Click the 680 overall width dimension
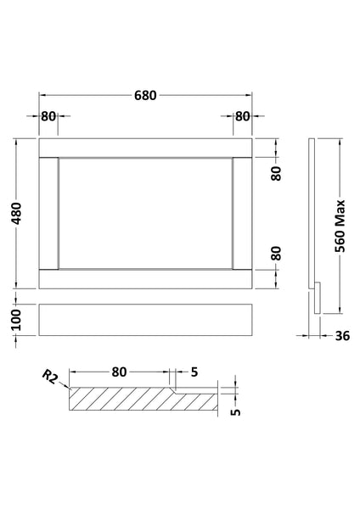pyautogui.click(x=145, y=96)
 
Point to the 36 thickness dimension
pyautogui.click(x=342, y=336)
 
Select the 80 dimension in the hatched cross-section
pyautogui.click(x=118, y=371)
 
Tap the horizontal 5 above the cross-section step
pyautogui.click(x=194, y=371)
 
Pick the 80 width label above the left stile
pyautogui.click(x=48, y=116)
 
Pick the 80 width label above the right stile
pyautogui.click(x=243, y=116)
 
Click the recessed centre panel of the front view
pyautogui.click(x=145, y=212)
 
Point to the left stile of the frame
pyautogui.click(x=48, y=212)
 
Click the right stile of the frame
pyautogui.click(x=243, y=212)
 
